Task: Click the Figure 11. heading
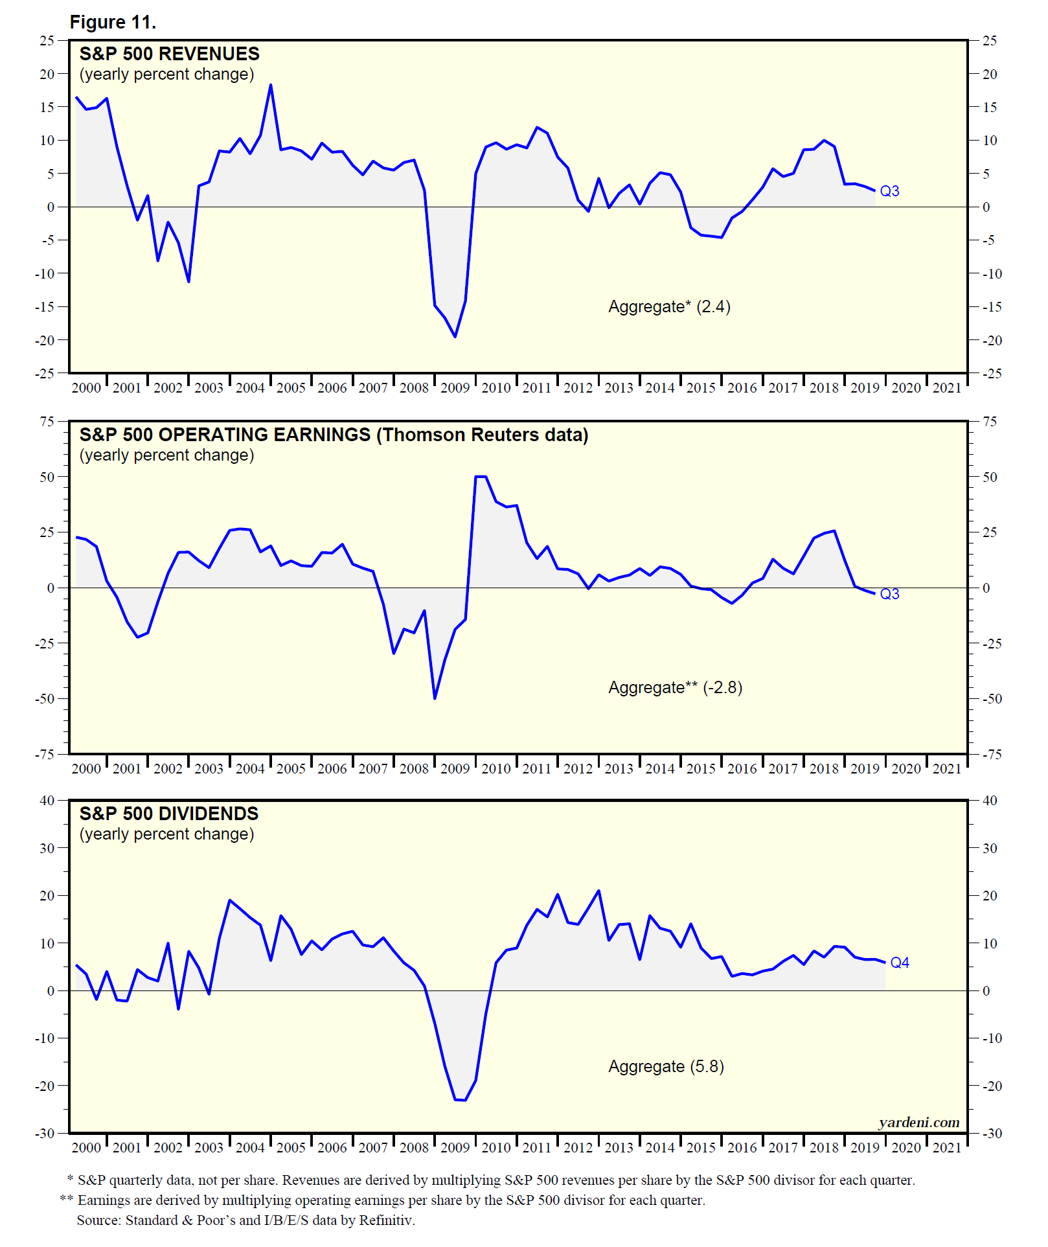click(113, 23)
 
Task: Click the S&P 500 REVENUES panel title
click(169, 54)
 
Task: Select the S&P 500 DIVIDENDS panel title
click(168, 814)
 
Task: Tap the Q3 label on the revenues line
click(889, 191)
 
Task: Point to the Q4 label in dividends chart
click(900, 963)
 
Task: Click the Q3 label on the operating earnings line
click(889, 594)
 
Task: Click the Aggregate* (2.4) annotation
click(669, 306)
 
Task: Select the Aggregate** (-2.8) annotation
click(675, 687)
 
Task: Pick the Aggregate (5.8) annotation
click(666, 1066)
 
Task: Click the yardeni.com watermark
click(918, 1122)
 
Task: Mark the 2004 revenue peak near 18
click(271, 85)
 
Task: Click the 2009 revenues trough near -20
click(455, 336)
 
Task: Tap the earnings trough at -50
click(435, 698)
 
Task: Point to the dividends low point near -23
click(460, 1100)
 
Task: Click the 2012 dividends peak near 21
click(598, 891)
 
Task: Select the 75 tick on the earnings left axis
click(47, 422)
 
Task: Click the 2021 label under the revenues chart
click(946, 388)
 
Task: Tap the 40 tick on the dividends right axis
click(990, 801)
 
